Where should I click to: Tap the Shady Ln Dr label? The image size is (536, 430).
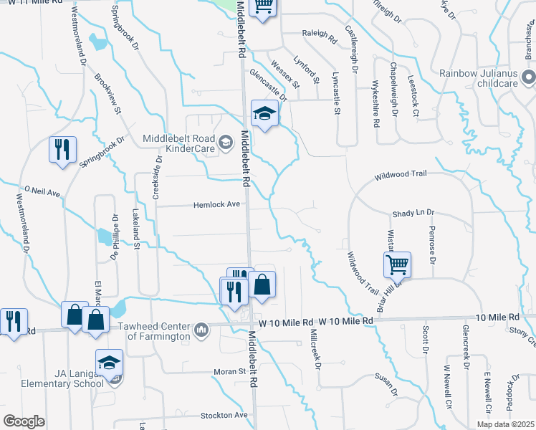pyautogui.click(x=418, y=214)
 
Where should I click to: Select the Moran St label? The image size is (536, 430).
pyautogui.click(x=229, y=372)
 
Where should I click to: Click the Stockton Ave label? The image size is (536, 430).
pyautogui.click(x=224, y=415)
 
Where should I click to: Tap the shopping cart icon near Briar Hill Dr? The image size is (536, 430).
pyautogui.click(x=397, y=264)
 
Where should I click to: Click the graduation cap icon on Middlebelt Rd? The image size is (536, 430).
pyautogui.click(x=264, y=113)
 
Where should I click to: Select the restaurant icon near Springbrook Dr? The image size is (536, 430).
pyautogui.click(x=62, y=149)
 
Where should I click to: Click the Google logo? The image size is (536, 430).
pyautogui.click(x=24, y=421)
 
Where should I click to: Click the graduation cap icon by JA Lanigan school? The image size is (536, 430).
pyautogui.click(x=109, y=363)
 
